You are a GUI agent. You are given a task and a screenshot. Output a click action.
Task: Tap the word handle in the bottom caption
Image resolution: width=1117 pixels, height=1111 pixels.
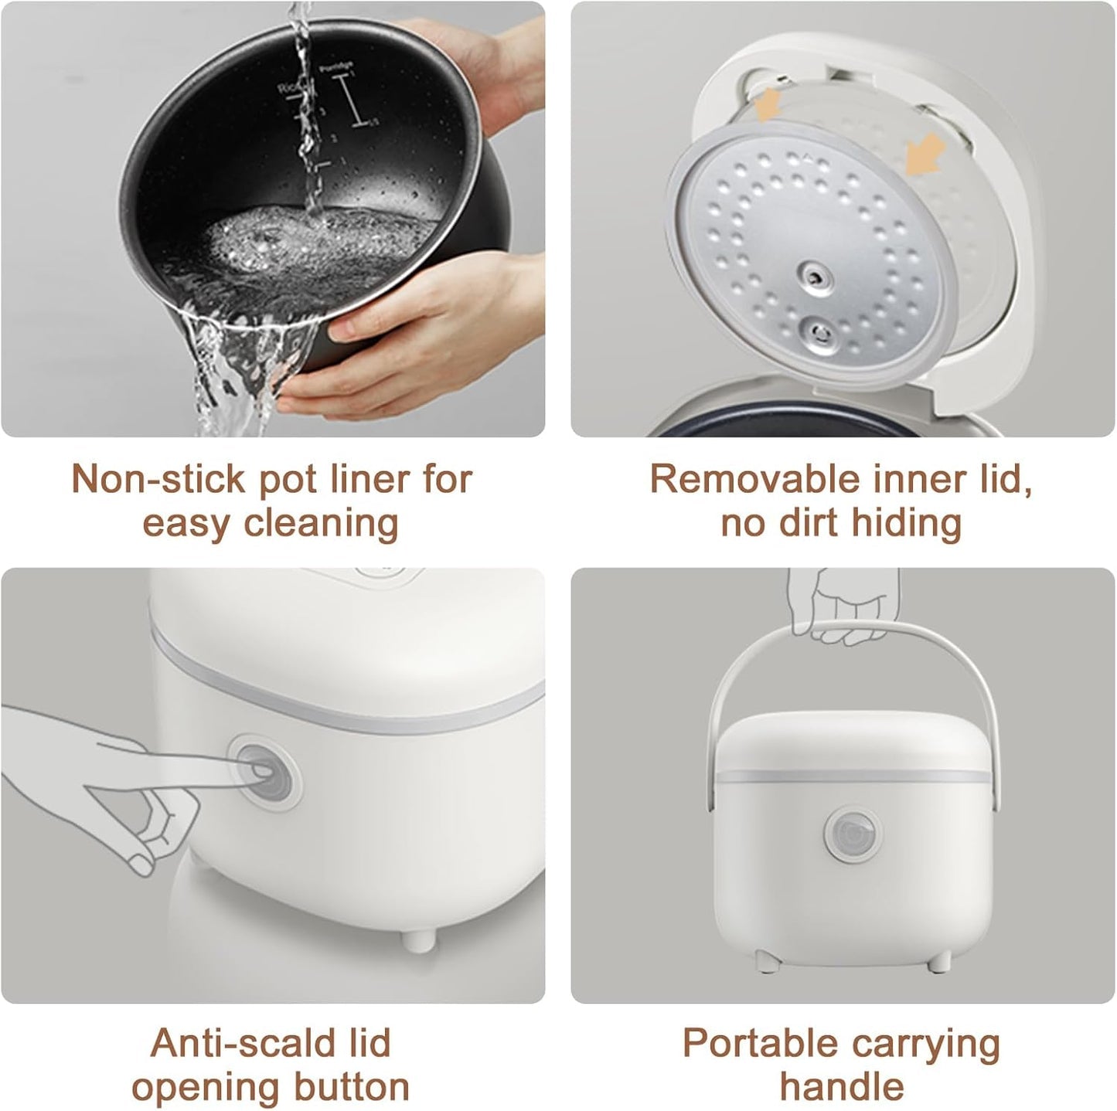pyautogui.click(x=841, y=1087)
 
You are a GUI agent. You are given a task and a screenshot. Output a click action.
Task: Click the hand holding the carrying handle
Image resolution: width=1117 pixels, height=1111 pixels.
pyautogui.click(x=843, y=610)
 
